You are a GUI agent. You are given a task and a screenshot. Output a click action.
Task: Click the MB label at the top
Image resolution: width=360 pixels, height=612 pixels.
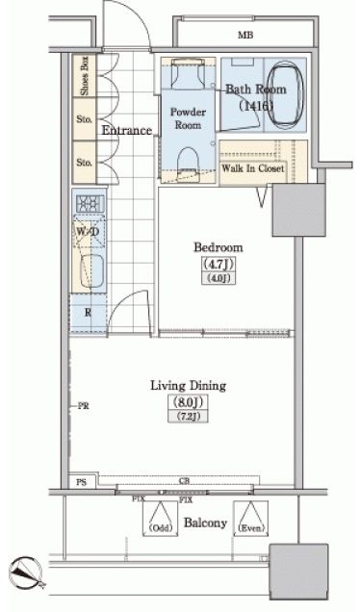245,36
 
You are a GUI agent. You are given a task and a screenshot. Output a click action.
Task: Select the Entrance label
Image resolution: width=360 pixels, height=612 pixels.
126,131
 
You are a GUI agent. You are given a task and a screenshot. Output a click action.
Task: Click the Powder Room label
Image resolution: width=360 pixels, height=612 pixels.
189,118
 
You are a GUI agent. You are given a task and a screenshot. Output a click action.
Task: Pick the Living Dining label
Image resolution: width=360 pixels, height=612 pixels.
188,386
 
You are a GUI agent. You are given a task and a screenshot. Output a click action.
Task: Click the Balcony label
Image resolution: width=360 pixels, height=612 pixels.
205,523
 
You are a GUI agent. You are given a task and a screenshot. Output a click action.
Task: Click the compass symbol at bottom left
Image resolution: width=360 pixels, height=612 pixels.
26,575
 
